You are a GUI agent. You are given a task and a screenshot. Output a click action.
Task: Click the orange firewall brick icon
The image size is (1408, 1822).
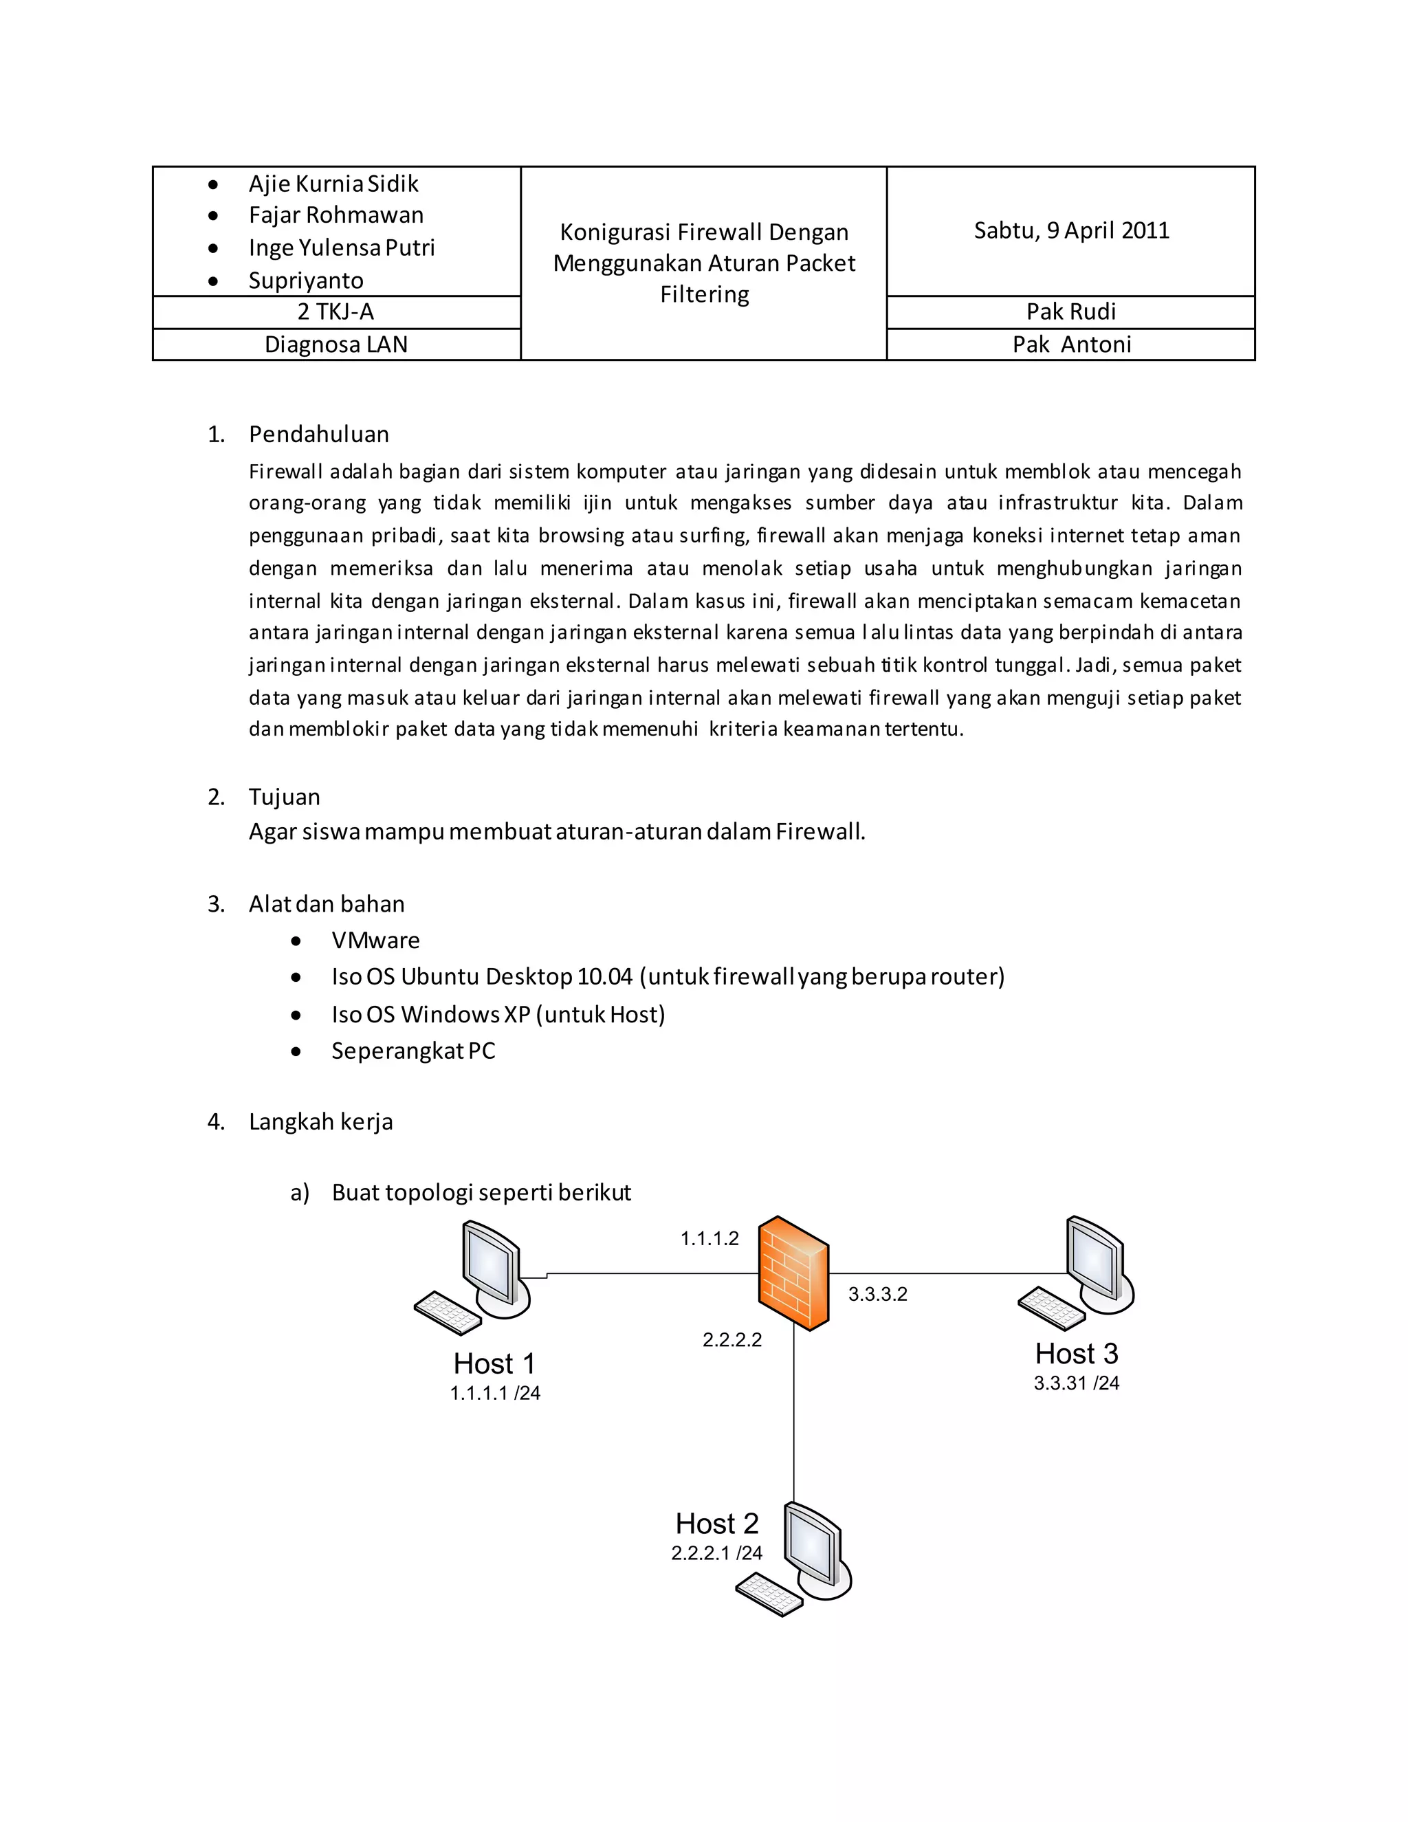coord(793,1274)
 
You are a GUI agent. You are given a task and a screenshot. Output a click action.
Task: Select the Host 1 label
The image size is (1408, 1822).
coord(494,1363)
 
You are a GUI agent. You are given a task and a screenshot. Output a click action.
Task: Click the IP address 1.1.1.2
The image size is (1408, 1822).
coord(709,1239)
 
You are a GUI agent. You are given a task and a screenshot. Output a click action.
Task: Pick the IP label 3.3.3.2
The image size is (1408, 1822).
coord(877,1294)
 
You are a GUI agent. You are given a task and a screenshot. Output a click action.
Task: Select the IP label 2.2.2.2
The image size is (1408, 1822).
coord(731,1340)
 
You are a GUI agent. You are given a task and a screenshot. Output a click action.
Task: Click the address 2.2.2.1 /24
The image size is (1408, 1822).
coord(716,1552)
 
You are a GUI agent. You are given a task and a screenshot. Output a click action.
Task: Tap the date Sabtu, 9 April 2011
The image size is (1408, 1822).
coord(1071,230)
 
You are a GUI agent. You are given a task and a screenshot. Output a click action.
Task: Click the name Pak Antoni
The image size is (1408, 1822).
coord(1071,344)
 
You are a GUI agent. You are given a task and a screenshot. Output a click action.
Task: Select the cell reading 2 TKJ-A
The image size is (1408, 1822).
coord(336,312)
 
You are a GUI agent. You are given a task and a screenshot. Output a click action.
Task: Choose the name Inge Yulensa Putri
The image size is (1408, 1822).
coord(341,248)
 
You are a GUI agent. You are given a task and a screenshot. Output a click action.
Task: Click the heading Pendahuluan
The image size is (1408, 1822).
coord(318,434)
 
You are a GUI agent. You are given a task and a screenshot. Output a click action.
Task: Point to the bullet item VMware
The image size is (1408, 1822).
coord(375,940)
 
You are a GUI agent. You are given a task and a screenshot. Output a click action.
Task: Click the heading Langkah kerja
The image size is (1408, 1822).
coord(320,1121)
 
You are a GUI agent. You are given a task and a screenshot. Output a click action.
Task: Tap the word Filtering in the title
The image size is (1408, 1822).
coord(704,294)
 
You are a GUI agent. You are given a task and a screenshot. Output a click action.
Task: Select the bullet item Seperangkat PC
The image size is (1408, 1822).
coord(413,1051)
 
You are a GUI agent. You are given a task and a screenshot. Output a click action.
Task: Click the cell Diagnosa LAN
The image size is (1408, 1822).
coord(336,344)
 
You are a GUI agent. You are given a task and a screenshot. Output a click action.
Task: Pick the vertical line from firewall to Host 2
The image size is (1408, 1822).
coord(793,1418)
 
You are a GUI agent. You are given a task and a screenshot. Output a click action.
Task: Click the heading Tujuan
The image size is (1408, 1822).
coord(284,797)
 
